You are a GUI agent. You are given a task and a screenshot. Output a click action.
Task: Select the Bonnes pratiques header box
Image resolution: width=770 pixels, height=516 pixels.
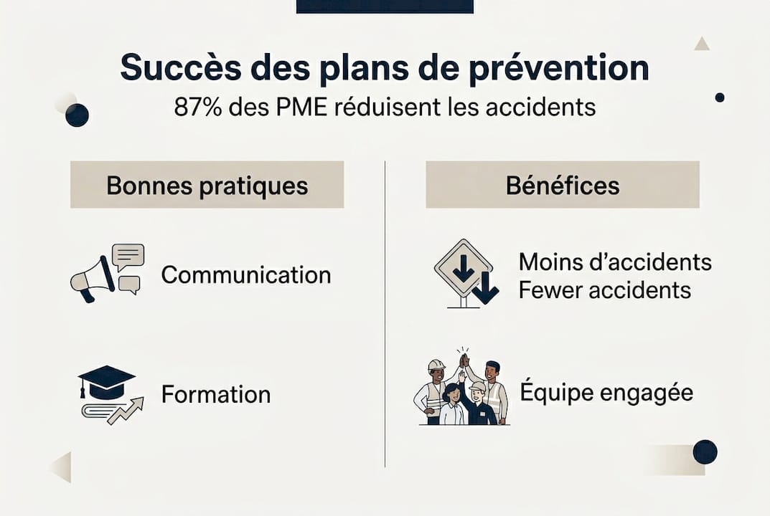tap(207, 185)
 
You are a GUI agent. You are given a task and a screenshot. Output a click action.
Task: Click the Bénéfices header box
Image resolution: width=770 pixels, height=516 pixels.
tap(562, 185)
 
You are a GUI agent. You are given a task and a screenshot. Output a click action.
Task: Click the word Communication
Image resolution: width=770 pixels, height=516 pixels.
tap(245, 275)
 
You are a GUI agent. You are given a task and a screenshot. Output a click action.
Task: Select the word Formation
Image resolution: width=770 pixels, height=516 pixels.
tap(215, 394)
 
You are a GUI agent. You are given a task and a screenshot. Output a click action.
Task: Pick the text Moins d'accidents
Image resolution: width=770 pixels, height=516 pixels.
tap(615, 262)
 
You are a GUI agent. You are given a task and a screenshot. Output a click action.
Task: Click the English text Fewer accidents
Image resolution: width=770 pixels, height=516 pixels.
tap(604, 290)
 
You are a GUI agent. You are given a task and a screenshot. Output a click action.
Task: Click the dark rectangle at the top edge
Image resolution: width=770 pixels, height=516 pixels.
tap(385, 6)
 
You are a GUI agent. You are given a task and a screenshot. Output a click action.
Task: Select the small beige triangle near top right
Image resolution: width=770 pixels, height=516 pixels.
tap(702, 44)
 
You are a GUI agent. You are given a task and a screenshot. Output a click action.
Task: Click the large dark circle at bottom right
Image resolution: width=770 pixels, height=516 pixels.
tap(705, 452)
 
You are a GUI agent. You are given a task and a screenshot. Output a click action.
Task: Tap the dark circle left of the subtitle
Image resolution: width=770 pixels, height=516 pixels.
tap(77, 115)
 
